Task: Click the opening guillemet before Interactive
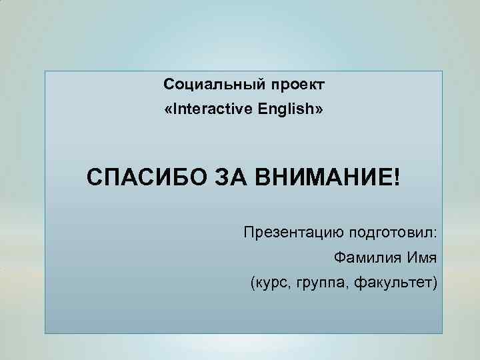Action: click(167, 110)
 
